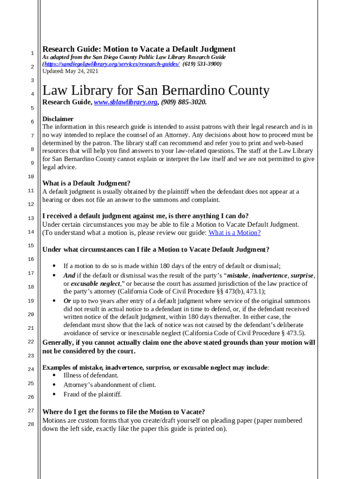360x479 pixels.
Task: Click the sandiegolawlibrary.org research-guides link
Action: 111,64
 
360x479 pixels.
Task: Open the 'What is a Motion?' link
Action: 234,233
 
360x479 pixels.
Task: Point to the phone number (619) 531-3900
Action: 202,64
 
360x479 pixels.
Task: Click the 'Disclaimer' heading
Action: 58,119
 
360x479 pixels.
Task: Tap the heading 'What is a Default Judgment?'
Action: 86,183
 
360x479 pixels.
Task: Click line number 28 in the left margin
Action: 31,424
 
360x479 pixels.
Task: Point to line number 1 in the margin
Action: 31,53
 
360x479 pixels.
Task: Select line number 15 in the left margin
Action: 31,246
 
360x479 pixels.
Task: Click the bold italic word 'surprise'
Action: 302,276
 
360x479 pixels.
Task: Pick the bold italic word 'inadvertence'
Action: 270,276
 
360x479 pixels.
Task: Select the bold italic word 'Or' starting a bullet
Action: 67,301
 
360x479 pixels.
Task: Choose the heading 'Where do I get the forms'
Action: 124,412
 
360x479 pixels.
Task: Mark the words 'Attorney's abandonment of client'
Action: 110,385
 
